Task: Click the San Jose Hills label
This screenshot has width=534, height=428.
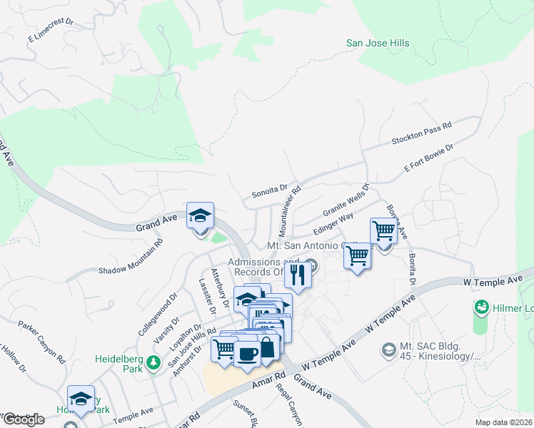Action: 378,43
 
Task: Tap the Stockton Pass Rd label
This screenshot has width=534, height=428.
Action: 422,134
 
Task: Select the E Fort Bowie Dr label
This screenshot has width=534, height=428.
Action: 429,158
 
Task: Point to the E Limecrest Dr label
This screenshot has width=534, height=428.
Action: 51,30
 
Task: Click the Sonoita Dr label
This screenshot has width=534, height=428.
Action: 269,191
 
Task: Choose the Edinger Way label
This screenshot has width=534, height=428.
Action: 333,221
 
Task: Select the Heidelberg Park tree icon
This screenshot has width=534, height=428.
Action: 153,365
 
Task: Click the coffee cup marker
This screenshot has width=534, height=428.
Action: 248,353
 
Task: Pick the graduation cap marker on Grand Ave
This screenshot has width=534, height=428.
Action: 201,215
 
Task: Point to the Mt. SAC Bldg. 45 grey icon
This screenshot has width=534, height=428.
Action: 388,350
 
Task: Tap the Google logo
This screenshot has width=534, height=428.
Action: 23,419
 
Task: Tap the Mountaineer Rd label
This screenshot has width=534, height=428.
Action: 290,212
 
